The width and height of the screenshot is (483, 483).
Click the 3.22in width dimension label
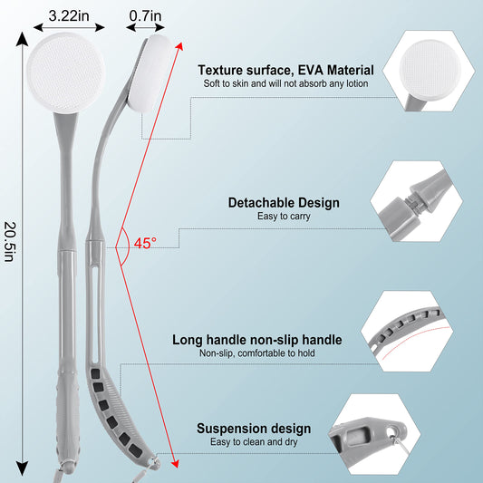pyautogui.click(x=69, y=15)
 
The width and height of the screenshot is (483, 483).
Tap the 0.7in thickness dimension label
pyautogui.click(x=145, y=15)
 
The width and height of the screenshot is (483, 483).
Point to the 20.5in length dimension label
pyautogui.click(x=10, y=242)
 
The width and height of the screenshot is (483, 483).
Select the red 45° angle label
pyautogui.click(x=145, y=243)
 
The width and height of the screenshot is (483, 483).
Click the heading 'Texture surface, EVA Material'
pyautogui.click(x=285, y=71)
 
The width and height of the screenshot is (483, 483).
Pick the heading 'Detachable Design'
pyautogui.click(x=284, y=203)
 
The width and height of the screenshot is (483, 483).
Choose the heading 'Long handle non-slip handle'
pyautogui.click(x=256, y=340)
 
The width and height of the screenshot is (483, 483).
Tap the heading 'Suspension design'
pyautogui.click(x=254, y=429)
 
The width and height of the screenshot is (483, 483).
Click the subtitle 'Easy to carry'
pyautogui.click(x=284, y=217)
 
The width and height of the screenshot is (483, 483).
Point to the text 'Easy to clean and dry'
pyautogui.click(x=254, y=442)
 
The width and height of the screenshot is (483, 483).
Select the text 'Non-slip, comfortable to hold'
pyautogui.click(x=256, y=353)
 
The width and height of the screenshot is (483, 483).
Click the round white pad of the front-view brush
pyautogui.click(x=66, y=72)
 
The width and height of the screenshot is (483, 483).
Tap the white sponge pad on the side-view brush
pyautogui.click(x=150, y=72)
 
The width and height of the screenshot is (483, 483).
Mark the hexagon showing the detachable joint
pyautogui.click(x=416, y=201)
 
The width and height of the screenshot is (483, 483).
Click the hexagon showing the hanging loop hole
pyautogui.click(x=374, y=434)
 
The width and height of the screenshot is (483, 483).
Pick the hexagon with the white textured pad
pyautogui.click(x=429, y=71)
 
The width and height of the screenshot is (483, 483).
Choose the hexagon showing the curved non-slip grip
pyautogui.click(x=407, y=331)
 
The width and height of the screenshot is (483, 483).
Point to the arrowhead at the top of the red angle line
pyautogui.click(x=180, y=46)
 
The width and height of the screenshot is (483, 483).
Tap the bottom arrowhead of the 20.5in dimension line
pyautogui.click(x=22, y=469)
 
